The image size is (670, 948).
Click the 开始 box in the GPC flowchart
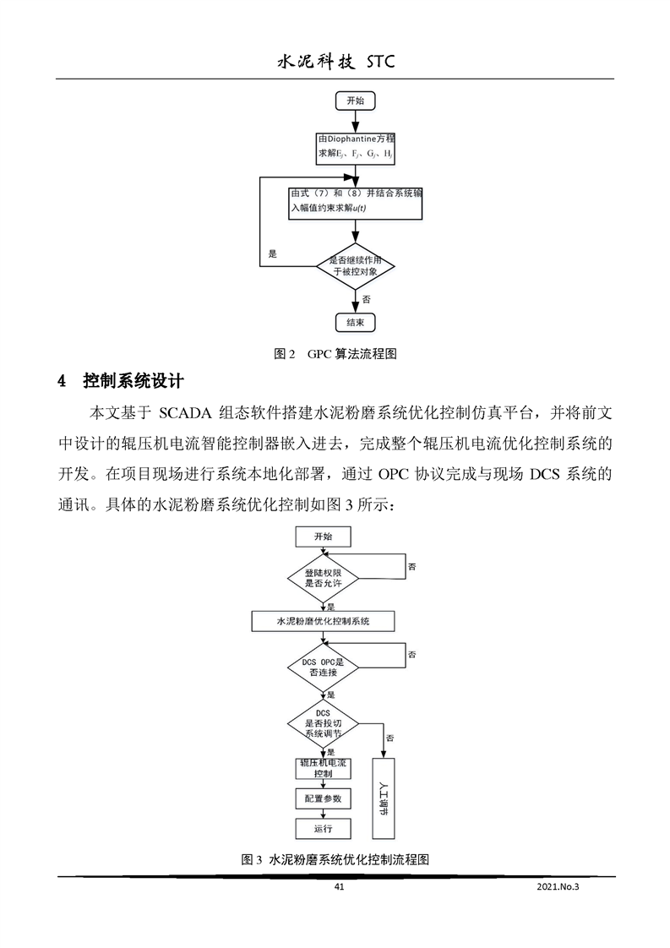pos(355,101)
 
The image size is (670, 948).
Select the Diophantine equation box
pos(354,146)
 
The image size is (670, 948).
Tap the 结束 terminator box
pos(355,322)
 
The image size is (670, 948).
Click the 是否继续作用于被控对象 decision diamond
pos(355,266)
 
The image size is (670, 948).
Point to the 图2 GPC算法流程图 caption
pos(335,355)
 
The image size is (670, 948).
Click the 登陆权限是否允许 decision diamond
pos(324,578)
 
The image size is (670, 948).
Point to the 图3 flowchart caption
pos(335,859)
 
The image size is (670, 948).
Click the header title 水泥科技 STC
pos(335,62)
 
